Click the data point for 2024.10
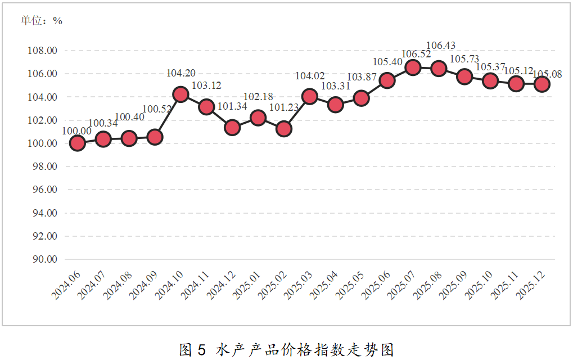(181, 94)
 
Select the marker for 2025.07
(413, 67)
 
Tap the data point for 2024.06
(77, 143)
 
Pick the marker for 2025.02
(284, 129)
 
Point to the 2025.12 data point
(542, 84)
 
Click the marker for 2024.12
(232, 128)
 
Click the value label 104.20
(181, 73)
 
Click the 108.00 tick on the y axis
(43, 51)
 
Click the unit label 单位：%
(42, 21)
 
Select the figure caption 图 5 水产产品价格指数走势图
(286, 349)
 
